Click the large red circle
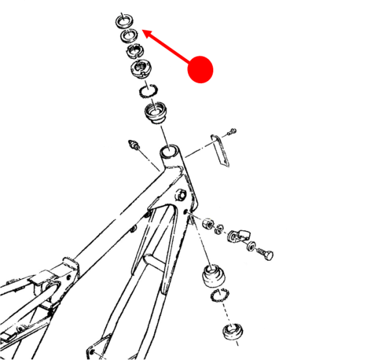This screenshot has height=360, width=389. (x=200, y=69)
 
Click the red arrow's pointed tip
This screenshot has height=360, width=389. (x=142, y=30)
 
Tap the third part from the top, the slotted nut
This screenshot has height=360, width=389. (x=135, y=50)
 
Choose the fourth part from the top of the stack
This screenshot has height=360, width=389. (x=141, y=67)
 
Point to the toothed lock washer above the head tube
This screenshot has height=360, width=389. (x=150, y=91)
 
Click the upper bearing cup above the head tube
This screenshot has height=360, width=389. (x=156, y=114)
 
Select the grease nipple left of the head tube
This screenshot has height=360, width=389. (x=135, y=145)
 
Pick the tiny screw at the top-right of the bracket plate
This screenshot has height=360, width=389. (x=233, y=132)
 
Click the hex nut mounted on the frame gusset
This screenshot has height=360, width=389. (x=182, y=195)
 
